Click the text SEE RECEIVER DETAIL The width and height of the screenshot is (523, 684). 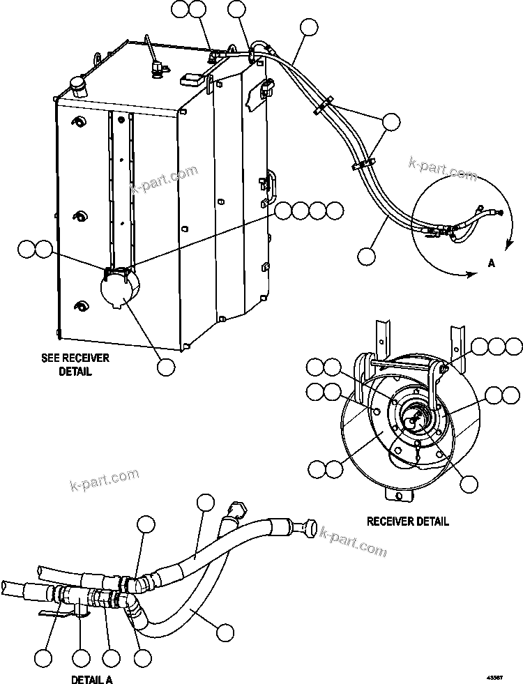click(75, 365)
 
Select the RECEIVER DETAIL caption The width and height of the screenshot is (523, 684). click(408, 521)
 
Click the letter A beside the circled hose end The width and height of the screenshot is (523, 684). click(491, 264)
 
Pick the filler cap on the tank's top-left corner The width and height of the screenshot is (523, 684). click(76, 86)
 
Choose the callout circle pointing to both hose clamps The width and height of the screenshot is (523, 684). click(392, 122)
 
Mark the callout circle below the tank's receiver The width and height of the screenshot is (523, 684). click(166, 367)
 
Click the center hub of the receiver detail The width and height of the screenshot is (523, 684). click(411, 421)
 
